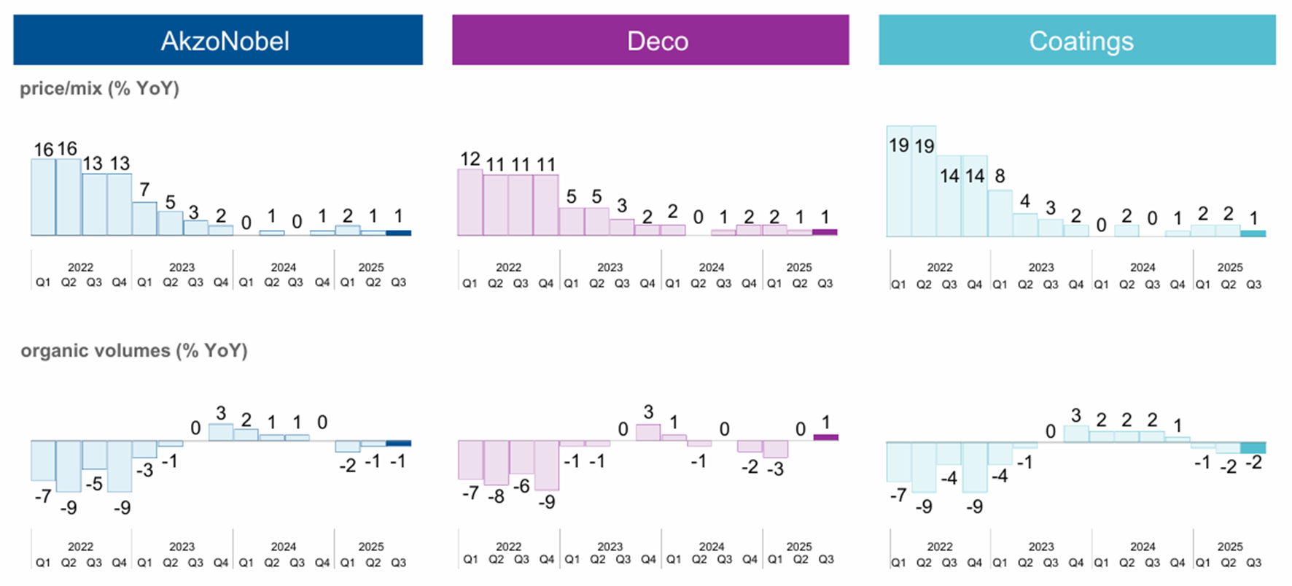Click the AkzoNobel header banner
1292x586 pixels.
217,40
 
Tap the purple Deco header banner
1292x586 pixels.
650,40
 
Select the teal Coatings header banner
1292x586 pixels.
1077,40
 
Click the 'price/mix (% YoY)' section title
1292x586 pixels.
99,88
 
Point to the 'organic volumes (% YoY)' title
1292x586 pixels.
134,350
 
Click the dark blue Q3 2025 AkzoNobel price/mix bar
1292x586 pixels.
398,233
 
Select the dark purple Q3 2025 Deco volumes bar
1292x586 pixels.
825,437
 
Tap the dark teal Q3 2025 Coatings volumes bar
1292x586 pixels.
1253,447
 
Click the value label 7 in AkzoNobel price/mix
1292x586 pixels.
144,190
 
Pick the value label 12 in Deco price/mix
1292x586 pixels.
470,158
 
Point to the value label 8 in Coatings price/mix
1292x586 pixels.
1000,176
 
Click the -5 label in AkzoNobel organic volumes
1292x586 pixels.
93,484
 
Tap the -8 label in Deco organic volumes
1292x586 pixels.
495,497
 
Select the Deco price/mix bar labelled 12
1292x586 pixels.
470,202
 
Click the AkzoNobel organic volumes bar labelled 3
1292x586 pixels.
221,432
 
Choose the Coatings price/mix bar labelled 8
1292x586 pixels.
1000,213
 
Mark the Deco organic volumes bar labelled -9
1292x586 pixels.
546,465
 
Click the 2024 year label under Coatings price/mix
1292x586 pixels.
1143,267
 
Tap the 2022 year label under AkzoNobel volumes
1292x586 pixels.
80,547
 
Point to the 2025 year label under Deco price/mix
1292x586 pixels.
799,267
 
